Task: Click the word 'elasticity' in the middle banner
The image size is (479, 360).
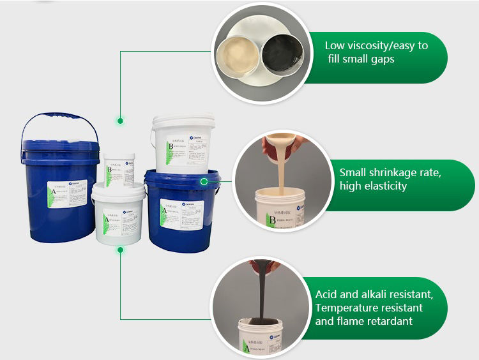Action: pyautogui.click(x=383, y=186)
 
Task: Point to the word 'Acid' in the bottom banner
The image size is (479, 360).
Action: pyautogui.click(x=328, y=295)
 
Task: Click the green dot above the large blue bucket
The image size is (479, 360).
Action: pyautogui.click(x=119, y=119)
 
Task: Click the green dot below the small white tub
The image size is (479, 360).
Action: pyautogui.click(x=119, y=250)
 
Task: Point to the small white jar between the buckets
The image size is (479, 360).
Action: pyautogui.click(x=119, y=167)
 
